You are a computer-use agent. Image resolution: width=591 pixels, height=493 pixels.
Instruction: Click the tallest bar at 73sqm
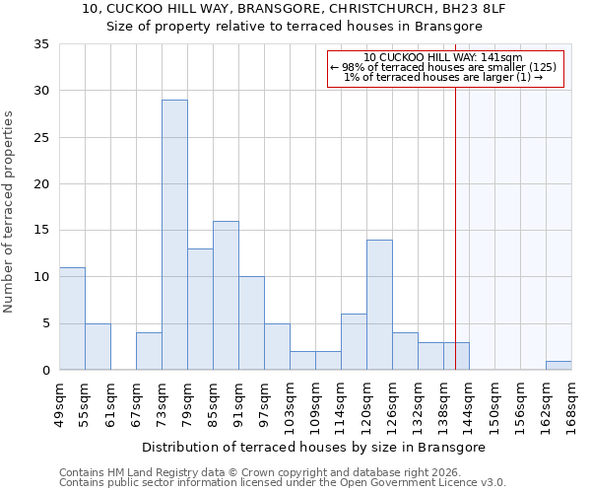[174, 235]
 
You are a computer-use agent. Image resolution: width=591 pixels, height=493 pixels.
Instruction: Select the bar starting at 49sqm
[72, 318]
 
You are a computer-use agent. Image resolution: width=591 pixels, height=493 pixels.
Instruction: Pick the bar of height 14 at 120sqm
[379, 305]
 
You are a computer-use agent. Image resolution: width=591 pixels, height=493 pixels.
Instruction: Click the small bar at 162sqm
[558, 365]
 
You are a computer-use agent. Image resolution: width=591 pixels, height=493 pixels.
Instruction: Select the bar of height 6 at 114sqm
[354, 341]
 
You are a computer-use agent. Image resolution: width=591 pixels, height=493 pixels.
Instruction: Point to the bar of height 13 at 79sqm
[200, 309]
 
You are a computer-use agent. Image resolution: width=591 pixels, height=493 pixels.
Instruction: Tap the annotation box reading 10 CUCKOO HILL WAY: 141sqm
[444, 68]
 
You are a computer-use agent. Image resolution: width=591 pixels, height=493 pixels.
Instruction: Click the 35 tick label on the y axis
[41, 44]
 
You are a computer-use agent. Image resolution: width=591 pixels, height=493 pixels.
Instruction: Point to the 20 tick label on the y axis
[41, 184]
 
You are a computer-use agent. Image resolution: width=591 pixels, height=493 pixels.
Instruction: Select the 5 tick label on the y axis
[45, 323]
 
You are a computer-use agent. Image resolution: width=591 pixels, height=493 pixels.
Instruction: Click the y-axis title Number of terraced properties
[10, 211]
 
